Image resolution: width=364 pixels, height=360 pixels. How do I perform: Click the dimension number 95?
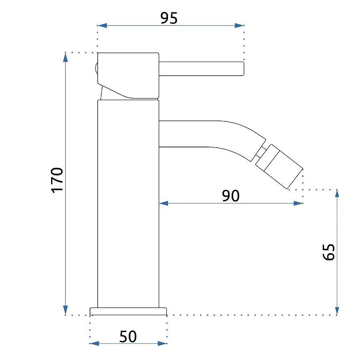click(169, 18)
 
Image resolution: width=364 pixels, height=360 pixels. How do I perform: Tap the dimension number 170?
click(57, 180)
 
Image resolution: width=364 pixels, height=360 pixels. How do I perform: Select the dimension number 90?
click(230, 196)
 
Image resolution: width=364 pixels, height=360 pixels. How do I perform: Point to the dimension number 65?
click(329, 252)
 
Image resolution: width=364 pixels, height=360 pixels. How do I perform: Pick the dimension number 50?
click(128, 336)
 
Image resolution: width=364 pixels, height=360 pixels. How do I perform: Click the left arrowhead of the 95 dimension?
click(102, 25)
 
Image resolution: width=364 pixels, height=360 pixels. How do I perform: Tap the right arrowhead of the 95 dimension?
click(239, 25)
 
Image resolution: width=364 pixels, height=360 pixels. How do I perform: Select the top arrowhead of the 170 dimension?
click(66, 57)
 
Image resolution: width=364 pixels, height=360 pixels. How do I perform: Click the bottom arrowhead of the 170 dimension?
click(66, 310)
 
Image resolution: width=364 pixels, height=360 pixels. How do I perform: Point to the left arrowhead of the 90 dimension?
click(164, 203)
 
